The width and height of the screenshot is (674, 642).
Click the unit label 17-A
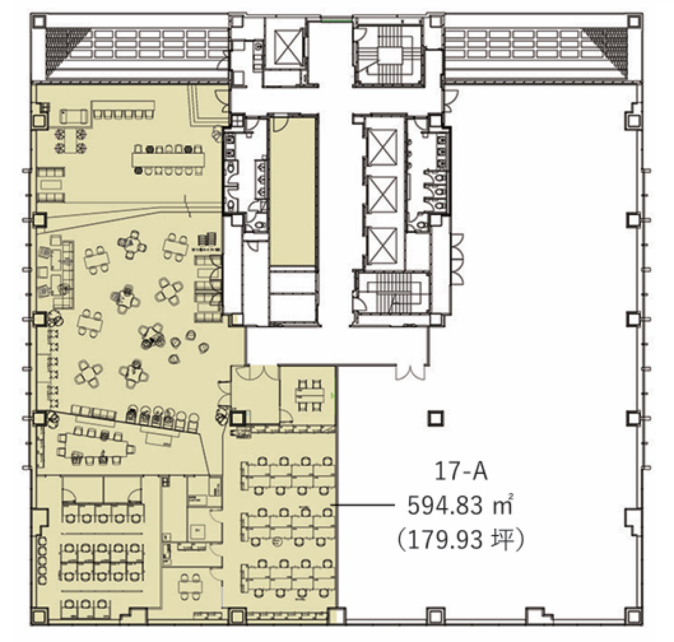(x=461, y=471)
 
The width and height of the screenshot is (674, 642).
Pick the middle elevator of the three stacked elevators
(x=382, y=194)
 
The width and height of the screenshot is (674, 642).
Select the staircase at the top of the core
(x=389, y=55)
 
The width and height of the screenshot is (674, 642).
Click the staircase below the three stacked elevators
(x=392, y=292)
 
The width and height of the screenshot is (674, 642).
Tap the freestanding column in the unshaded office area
(x=435, y=418)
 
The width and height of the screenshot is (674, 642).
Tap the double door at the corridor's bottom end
(x=411, y=373)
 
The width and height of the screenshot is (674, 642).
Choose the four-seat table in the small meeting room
(x=310, y=396)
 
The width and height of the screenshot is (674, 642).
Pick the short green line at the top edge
(x=336, y=21)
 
